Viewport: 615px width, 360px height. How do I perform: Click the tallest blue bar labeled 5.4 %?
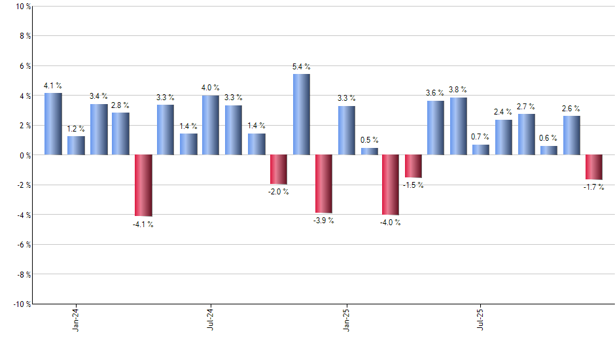[x=301, y=115]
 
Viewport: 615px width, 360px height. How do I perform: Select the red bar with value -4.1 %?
[x=143, y=185]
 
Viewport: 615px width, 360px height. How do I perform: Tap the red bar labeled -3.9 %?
[x=324, y=184]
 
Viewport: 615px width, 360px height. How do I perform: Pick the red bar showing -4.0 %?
[x=391, y=185]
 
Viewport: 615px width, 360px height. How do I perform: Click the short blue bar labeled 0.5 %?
[x=369, y=151]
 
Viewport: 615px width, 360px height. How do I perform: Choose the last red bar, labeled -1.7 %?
[x=593, y=167]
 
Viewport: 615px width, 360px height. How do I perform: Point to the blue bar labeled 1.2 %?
[x=76, y=145]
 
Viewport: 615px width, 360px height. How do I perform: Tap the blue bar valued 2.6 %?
[x=571, y=135]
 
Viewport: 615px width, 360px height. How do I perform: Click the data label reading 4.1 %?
[x=53, y=85]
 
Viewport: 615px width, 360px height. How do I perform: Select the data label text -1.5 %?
[x=413, y=185]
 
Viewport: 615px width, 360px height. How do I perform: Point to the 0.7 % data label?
[x=481, y=136]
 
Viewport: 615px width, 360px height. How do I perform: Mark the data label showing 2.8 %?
[x=120, y=105]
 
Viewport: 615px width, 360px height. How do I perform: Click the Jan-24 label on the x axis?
[x=76, y=319]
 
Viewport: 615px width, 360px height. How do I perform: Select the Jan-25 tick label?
[x=346, y=319]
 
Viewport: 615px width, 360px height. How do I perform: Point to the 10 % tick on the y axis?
[x=22, y=7]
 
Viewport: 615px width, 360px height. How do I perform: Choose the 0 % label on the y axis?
[x=24, y=155]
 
